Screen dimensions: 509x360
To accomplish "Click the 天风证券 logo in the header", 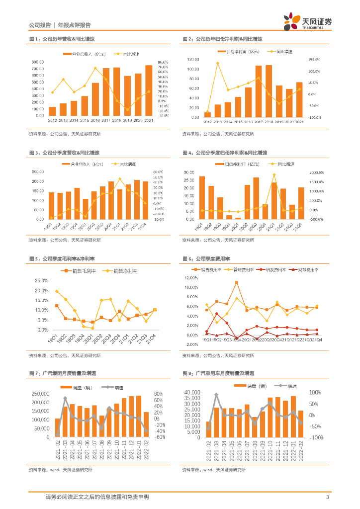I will point(307,21).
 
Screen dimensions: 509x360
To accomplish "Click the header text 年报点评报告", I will point(74,25).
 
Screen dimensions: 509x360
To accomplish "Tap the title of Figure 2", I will point(222,39).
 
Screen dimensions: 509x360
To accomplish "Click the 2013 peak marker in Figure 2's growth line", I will point(217,63).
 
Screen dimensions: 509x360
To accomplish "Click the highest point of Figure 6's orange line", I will point(236,282).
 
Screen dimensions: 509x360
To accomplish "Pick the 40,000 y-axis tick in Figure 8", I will point(191,393).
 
